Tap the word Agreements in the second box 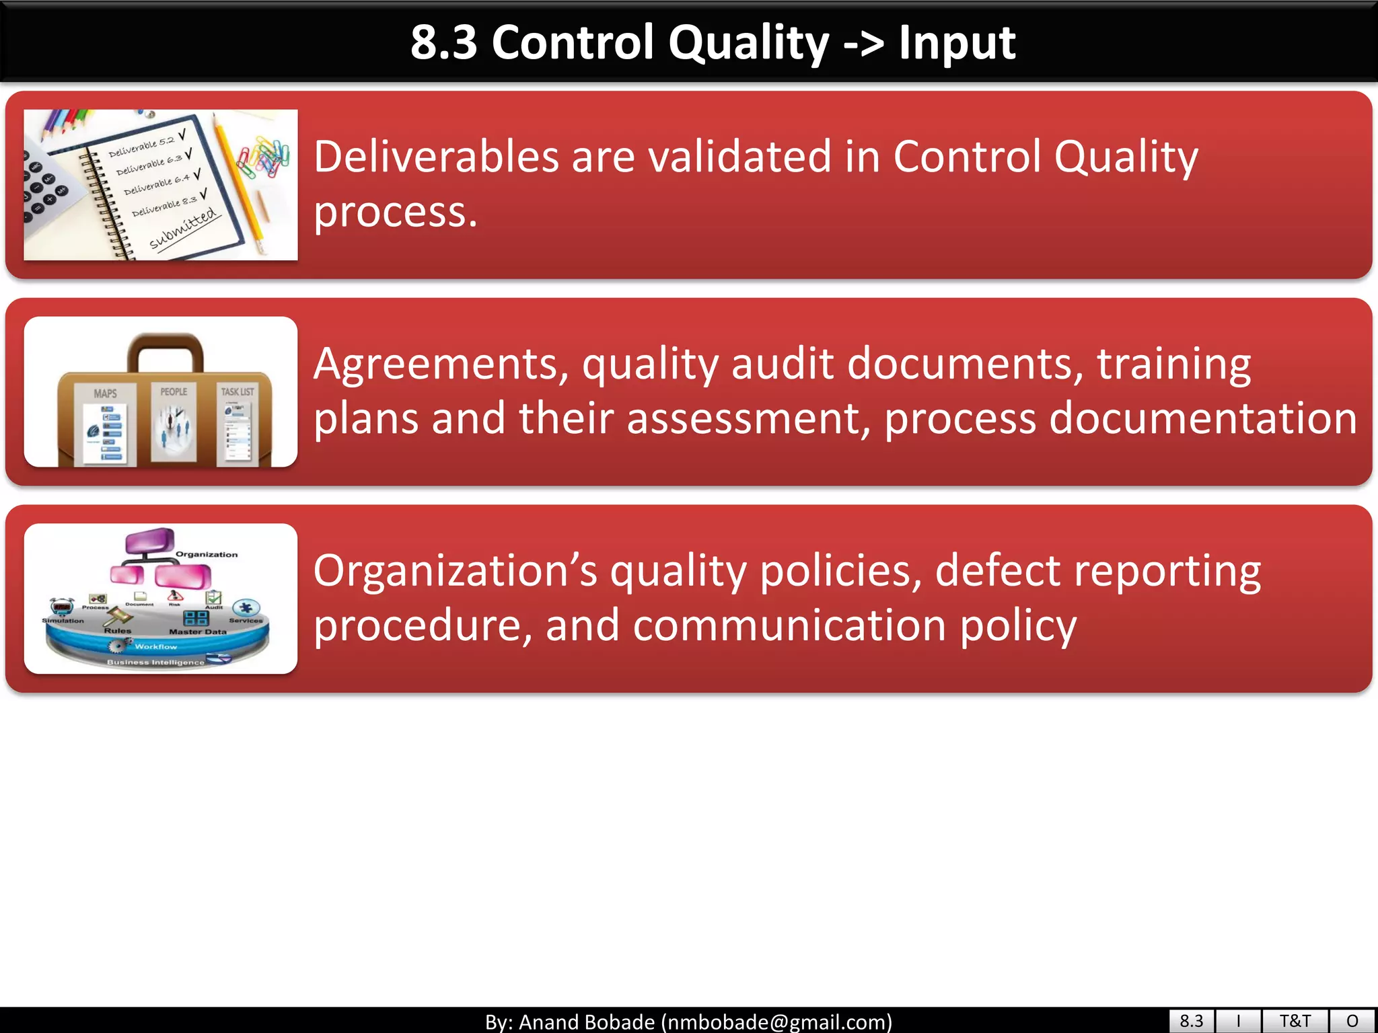tap(441, 364)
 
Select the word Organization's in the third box tap(456, 571)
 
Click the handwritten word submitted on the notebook tap(184, 229)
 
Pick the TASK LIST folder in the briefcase tap(238, 424)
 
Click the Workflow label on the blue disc tap(155, 647)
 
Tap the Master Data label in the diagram tap(197, 632)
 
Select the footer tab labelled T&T tap(1295, 1021)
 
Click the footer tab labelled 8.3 tap(1191, 1021)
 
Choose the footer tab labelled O tap(1352, 1021)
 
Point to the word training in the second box tap(1173, 364)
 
